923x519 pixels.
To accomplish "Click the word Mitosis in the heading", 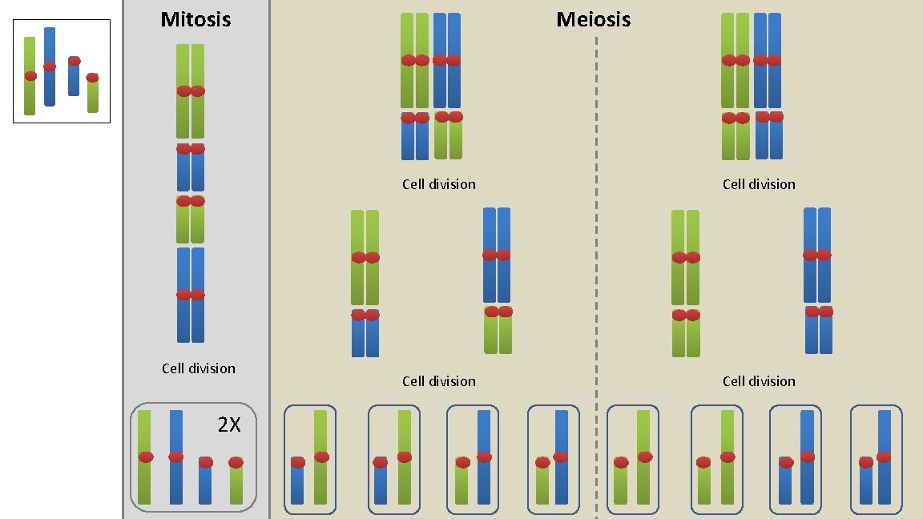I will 195,19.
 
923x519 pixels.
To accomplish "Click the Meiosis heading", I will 593,19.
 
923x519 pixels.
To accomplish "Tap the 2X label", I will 229,424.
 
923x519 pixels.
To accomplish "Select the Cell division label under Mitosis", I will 198,368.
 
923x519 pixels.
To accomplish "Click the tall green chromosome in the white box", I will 30,96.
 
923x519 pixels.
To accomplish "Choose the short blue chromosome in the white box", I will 74,80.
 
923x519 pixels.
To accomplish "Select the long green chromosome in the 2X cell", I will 144,481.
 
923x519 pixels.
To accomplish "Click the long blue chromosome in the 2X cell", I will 176,481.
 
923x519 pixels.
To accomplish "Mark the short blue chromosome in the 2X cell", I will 206,485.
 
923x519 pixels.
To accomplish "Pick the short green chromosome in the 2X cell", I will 236,485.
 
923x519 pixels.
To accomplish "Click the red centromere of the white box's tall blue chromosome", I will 50,66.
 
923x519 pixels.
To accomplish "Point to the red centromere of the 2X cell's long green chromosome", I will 145,457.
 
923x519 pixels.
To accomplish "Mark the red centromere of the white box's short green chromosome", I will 92,78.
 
